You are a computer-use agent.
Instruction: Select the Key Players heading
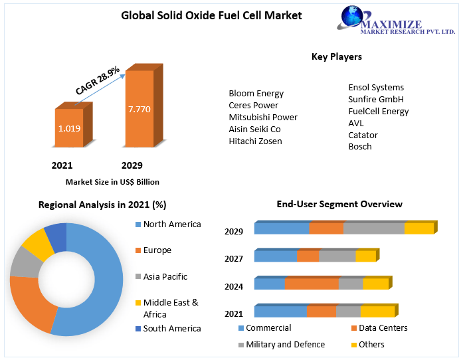tap(337, 57)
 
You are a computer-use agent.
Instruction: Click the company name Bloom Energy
tap(256, 94)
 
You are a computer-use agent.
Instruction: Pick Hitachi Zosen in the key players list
tap(255, 141)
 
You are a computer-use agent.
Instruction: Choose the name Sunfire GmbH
tap(375, 100)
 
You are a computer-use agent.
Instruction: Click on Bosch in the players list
tap(360, 147)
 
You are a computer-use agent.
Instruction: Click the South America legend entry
tap(172, 329)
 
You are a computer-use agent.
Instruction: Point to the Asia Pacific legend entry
tap(165, 277)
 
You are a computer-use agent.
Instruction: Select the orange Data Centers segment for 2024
tap(312, 284)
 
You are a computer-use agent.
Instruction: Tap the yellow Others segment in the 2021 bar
tap(377, 312)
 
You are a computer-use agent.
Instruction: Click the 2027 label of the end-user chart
tap(234, 259)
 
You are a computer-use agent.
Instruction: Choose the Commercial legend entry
tap(268, 328)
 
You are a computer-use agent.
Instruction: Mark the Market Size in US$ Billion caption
tap(112, 182)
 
